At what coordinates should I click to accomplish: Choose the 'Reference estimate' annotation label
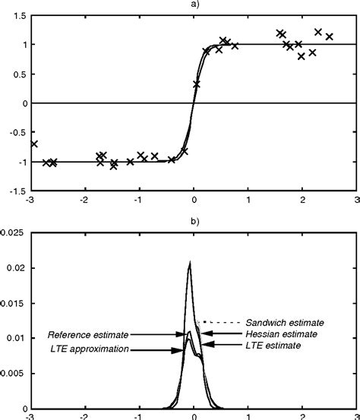click(x=87, y=333)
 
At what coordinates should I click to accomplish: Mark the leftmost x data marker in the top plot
click(x=33, y=144)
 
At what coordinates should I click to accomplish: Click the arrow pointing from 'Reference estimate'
click(x=158, y=333)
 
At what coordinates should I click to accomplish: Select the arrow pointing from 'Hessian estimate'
click(x=219, y=333)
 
